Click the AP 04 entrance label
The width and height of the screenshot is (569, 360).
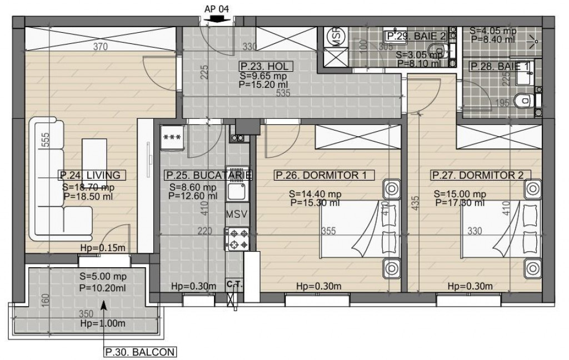coord(217,8)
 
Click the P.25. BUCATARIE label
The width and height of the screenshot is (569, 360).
coord(209,176)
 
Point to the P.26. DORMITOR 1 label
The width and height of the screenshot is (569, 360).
coord(321,176)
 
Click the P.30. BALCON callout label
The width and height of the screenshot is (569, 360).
coord(141,352)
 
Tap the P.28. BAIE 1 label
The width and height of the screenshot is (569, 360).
coord(500,67)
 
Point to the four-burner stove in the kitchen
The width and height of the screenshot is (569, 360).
coord(239,239)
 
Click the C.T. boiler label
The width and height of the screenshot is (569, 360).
coord(236,284)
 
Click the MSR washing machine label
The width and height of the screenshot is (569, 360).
coord(336,36)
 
